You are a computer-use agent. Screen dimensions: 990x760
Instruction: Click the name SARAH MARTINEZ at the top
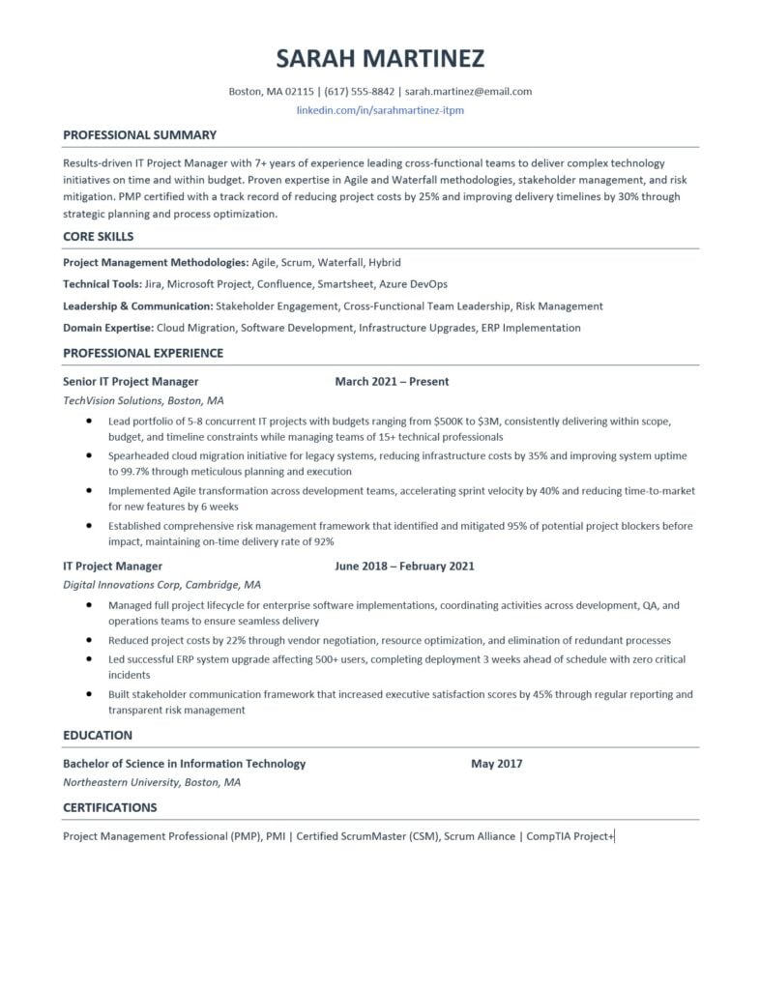(x=380, y=59)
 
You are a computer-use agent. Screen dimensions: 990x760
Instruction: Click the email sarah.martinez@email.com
(x=468, y=92)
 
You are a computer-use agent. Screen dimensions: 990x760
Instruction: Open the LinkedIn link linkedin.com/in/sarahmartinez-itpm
(x=380, y=110)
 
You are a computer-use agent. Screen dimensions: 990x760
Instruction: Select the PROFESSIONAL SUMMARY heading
(x=139, y=134)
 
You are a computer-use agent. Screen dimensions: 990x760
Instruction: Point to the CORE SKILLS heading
(x=98, y=236)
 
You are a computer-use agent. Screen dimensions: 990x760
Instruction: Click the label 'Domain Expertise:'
(x=107, y=328)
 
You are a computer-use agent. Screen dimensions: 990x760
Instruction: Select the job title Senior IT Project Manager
(x=131, y=381)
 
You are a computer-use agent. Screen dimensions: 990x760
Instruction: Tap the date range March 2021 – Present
(x=392, y=381)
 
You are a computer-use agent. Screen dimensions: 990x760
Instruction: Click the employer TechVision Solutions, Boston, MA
(x=143, y=399)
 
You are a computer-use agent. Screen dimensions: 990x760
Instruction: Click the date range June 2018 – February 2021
(x=404, y=566)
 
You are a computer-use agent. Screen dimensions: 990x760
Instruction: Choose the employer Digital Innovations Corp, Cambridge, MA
(x=161, y=585)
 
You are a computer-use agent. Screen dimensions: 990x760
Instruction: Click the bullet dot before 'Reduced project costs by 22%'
(x=89, y=640)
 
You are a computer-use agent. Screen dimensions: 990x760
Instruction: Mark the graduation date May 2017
(x=496, y=764)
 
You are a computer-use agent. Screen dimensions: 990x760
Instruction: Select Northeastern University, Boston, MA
(x=152, y=782)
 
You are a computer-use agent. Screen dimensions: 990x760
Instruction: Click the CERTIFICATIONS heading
(x=109, y=807)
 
